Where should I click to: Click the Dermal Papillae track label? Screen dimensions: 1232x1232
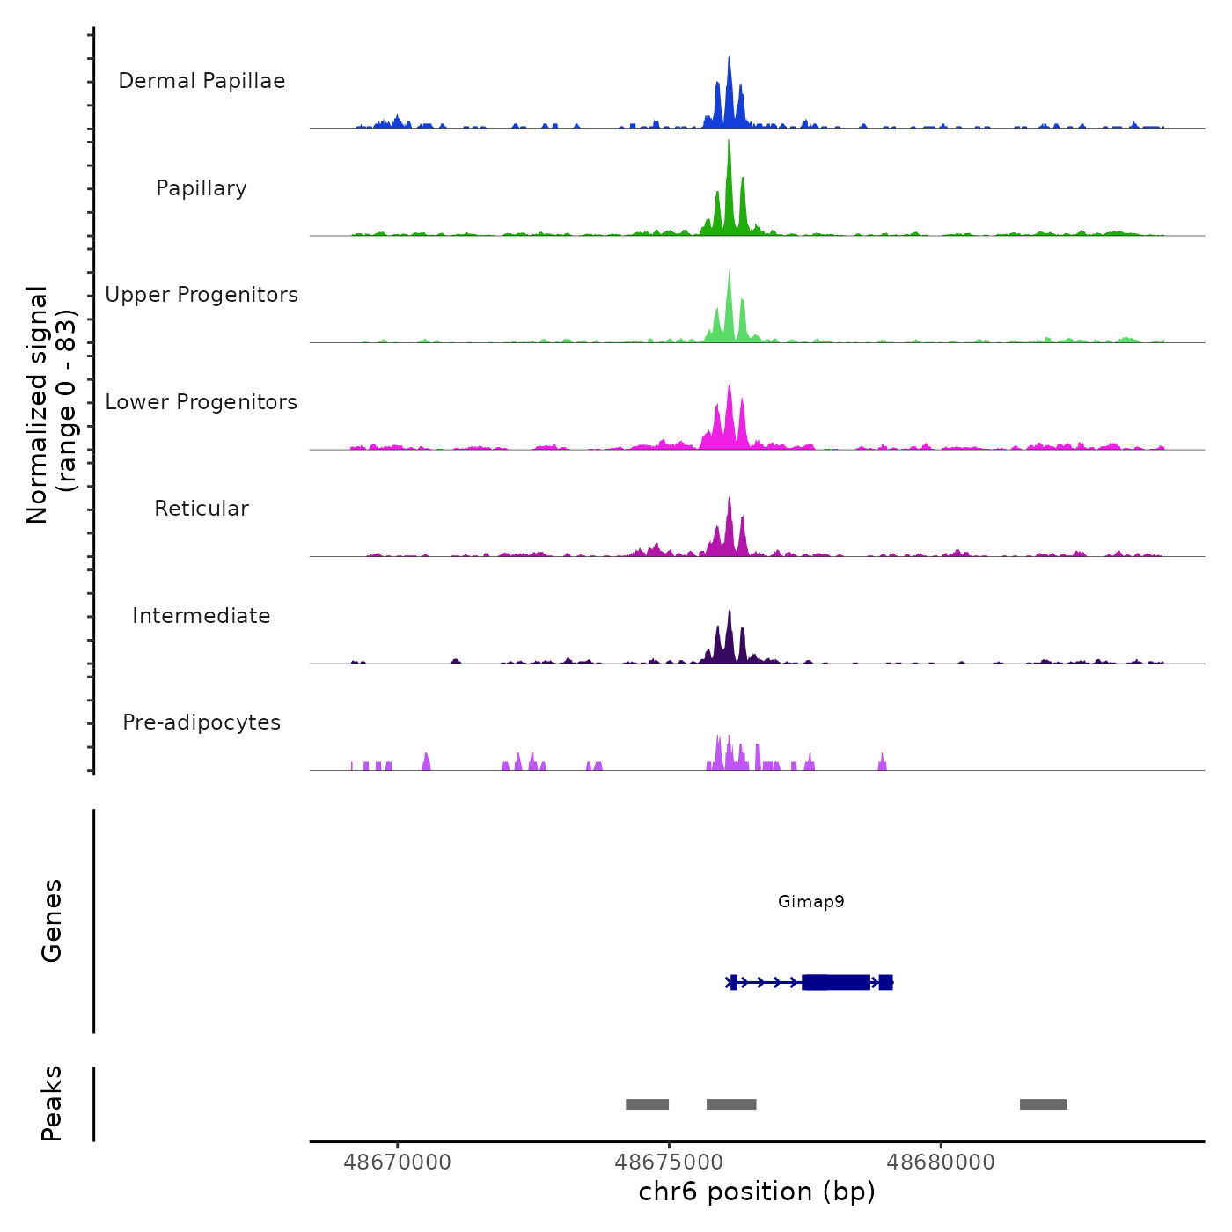[202, 81]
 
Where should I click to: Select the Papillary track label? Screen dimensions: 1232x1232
[202, 188]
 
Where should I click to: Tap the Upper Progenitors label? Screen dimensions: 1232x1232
[202, 295]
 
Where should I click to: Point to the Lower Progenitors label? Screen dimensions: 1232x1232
[202, 402]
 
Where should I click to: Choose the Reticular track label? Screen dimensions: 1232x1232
[202, 509]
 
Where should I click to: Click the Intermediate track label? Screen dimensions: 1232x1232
[202, 616]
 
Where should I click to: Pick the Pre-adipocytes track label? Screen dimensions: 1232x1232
[202, 722]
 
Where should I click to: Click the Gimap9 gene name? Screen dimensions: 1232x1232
[810, 901]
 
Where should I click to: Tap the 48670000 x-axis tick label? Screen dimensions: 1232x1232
[397, 1162]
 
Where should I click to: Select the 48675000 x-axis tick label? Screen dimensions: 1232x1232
[669, 1162]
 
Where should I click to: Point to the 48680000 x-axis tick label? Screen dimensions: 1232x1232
[940, 1162]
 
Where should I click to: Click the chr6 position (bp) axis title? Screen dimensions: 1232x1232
[757, 1192]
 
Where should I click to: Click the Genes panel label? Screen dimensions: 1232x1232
[51, 920]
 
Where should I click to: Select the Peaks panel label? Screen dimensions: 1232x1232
[51, 1104]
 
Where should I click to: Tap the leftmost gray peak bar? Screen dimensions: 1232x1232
[647, 1104]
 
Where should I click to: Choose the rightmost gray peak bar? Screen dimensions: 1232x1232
[1043, 1104]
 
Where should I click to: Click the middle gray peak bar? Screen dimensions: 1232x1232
[731, 1104]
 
